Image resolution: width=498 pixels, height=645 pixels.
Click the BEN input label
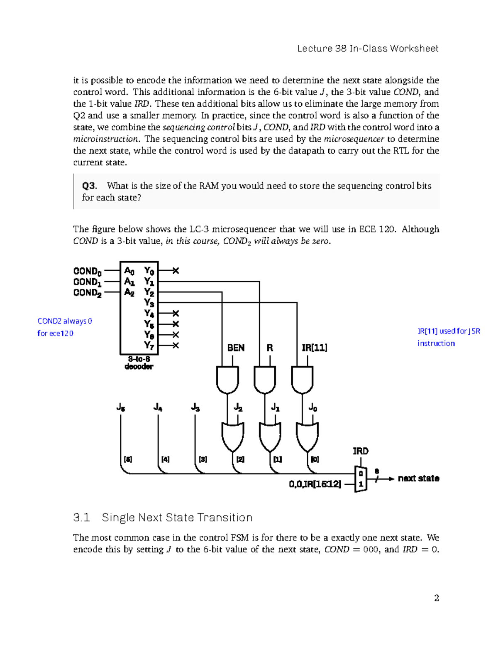(236, 348)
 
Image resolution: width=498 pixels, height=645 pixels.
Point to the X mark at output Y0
(176, 271)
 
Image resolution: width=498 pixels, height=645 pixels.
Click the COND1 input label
(87, 282)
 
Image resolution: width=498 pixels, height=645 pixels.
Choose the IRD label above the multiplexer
(360, 451)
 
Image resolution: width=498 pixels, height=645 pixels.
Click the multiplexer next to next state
(361, 479)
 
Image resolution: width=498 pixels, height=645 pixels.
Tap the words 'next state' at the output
(418, 478)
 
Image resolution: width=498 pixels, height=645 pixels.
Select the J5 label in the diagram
(121, 407)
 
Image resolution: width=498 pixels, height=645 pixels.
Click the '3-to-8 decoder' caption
(139, 363)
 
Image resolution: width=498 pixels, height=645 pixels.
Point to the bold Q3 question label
(89, 186)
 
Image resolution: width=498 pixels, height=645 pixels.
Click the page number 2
(436, 598)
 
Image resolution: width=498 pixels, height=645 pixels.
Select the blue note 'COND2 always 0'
(65, 321)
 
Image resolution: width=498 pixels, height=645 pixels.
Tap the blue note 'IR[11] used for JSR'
(449, 331)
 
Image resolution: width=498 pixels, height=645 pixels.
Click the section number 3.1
(81, 517)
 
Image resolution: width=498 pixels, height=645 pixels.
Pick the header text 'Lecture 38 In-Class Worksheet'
(368, 49)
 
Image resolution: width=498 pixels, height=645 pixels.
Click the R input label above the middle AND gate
(270, 348)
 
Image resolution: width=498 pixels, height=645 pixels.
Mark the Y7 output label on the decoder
(149, 345)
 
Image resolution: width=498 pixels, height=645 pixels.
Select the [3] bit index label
(203, 459)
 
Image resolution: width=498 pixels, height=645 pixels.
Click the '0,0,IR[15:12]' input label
(315, 484)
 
